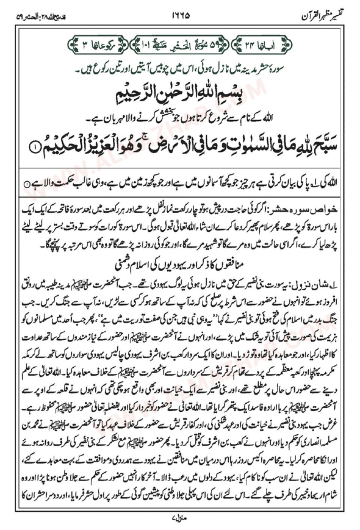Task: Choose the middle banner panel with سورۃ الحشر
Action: pyautogui.click(x=179, y=46)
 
